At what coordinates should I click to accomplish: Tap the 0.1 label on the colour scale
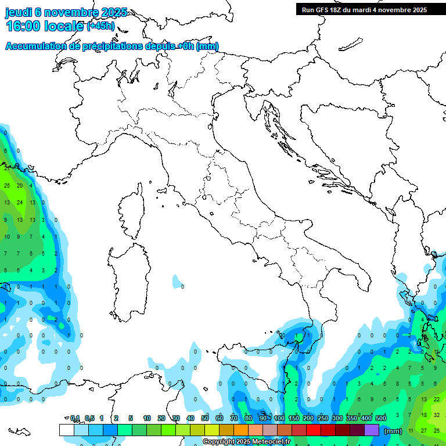tap(75, 418)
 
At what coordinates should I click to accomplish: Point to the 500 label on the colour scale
tap(381, 418)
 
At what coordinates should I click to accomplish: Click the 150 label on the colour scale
tap(294, 418)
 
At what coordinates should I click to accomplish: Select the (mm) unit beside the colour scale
tap(394, 431)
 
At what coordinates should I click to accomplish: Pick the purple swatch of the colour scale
tap(372, 430)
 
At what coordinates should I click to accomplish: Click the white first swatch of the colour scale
tap(66, 430)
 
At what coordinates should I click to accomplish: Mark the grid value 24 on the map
tap(19, 203)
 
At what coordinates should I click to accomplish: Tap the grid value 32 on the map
tap(437, 415)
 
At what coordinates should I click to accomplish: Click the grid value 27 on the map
tap(423, 430)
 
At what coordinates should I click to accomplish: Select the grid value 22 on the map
tap(437, 400)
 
